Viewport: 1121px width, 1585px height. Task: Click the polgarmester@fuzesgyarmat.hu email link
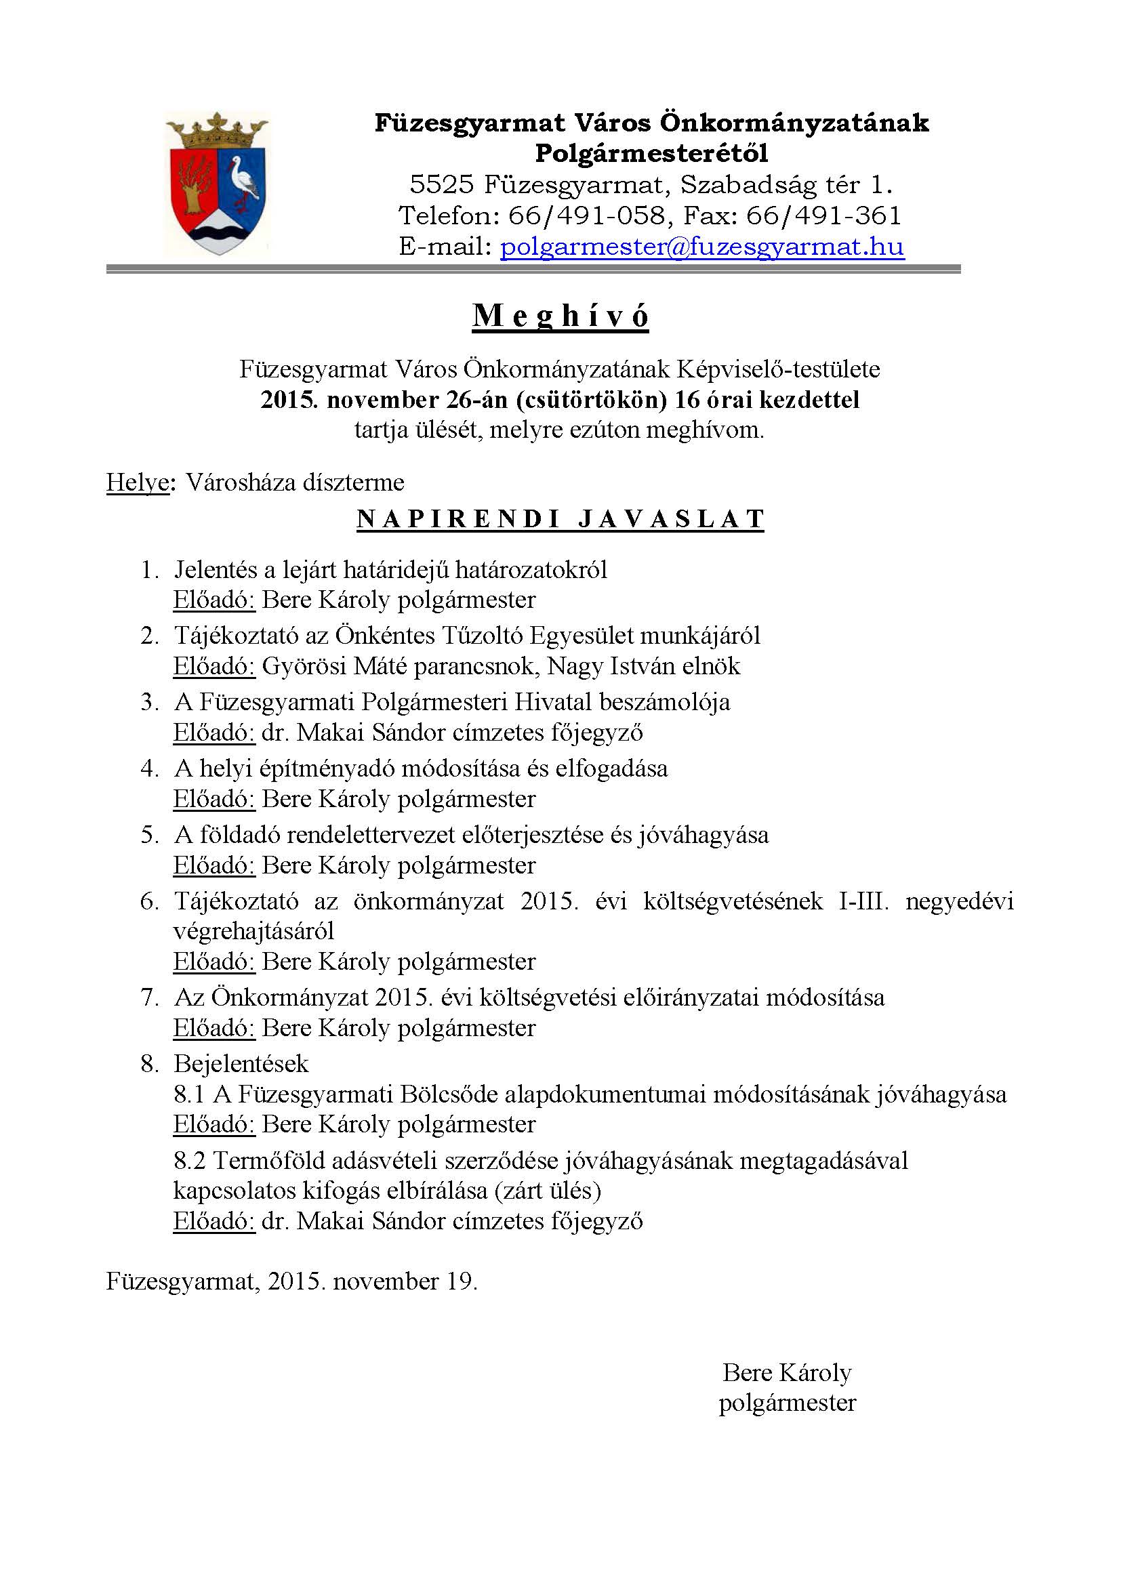pos(702,247)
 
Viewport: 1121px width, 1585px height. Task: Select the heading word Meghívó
pos(560,316)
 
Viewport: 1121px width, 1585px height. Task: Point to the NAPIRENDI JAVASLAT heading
pos(560,518)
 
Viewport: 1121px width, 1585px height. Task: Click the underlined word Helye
pos(138,482)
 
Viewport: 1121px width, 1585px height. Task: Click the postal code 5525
pos(441,185)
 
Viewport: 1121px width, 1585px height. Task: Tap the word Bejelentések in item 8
pos(241,1064)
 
